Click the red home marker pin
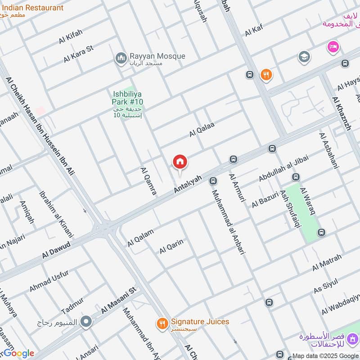[x=180, y=162]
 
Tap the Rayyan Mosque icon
[x=121, y=58]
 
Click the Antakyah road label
[x=188, y=185]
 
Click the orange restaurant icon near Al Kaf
[x=266, y=75]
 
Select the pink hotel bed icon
[x=333, y=47]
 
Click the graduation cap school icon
[x=304, y=57]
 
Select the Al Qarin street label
[x=171, y=247]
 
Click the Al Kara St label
[x=78, y=54]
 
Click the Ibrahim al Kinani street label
[x=56, y=215]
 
